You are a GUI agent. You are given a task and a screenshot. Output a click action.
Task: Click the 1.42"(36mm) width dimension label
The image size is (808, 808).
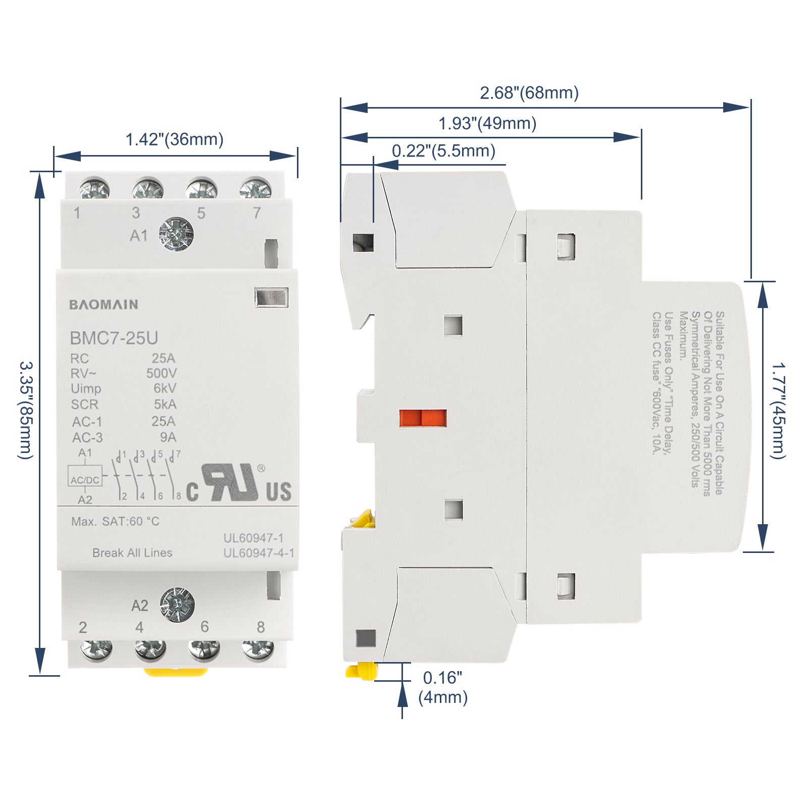[x=174, y=139]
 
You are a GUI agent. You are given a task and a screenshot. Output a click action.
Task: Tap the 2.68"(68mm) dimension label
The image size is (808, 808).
[x=529, y=93]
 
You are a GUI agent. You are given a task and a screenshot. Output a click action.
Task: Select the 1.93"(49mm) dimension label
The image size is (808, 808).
[x=487, y=123]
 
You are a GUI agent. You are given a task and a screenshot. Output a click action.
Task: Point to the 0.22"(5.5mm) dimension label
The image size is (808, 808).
[x=444, y=150]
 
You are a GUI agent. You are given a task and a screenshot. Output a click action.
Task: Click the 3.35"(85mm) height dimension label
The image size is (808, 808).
[x=26, y=410]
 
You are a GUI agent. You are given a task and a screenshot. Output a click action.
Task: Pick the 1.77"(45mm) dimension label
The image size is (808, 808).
[x=778, y=411]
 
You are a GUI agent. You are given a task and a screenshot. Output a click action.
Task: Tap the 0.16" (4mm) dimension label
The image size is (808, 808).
[x=443, y=687]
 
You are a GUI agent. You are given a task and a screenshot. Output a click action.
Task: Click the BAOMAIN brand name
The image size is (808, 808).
[x=104, y=305]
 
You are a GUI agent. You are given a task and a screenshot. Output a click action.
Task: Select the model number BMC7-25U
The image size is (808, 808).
[x=114, y=338]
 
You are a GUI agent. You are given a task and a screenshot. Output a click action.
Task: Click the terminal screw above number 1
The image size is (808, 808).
[x=94, y=189]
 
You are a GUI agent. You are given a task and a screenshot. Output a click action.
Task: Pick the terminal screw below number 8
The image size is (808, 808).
[x=258, y=650]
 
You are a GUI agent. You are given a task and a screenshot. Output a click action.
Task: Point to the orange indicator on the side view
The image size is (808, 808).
[x=423, y=418]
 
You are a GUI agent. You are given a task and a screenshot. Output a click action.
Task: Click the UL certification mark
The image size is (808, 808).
[x=239, y=483]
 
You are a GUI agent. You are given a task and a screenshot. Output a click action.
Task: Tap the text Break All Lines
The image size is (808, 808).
[x=132, y=553]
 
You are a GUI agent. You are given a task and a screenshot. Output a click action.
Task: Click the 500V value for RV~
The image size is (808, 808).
[x=162, y=373]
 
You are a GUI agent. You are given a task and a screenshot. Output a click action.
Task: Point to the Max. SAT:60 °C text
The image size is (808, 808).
[x=115, y=521]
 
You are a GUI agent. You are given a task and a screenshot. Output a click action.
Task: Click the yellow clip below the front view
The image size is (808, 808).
[x=176, y=672]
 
